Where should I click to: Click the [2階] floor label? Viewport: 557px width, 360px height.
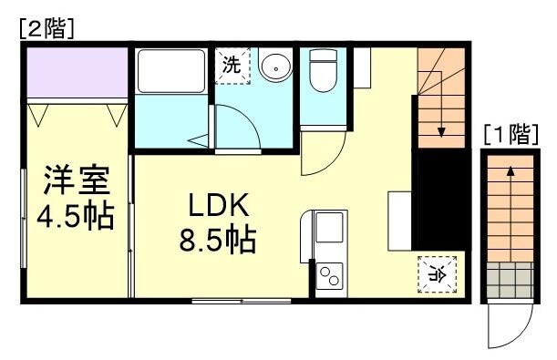[x=45, y=28]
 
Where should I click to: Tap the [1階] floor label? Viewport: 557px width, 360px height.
[x=509, y=136]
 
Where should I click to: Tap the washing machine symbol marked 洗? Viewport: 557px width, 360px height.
[x=232, y=66]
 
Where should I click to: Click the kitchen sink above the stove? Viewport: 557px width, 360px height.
[x=328, y=232]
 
